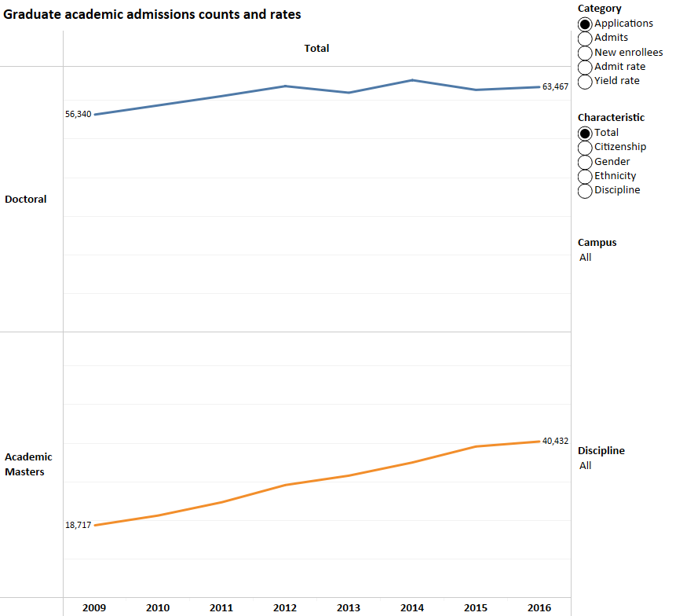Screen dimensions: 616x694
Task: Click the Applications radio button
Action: click(585, 24)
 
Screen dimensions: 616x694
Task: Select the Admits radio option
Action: click(585, 38)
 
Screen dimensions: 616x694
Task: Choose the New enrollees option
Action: click(585, 53)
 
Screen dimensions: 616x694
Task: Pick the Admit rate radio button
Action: click(585, 67)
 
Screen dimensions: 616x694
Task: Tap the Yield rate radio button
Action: click(585, 81)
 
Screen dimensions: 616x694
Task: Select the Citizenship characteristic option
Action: click(585, 147)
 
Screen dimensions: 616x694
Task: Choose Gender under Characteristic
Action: click(585, 162)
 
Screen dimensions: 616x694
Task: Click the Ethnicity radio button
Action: click(585, 176)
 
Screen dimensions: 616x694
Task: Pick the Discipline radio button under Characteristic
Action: click(585, 190)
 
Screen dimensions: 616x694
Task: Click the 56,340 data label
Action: click(78, 115)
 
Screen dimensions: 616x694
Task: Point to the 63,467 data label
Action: click(555, 86)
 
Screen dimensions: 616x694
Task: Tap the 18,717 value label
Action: click(78, 525)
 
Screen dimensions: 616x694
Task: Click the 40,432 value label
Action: click(555, 441)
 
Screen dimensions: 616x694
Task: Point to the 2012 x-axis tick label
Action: click(285, 608)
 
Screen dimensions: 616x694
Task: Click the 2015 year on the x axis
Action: click(476, 608)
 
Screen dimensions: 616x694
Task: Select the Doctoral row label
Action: click(26, 200)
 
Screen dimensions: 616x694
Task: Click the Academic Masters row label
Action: click(28, 464)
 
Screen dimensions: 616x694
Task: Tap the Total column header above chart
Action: click(316, 49)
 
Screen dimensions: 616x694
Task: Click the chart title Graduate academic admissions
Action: click(152, 15)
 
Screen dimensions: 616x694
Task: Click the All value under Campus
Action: click(585, 258)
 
